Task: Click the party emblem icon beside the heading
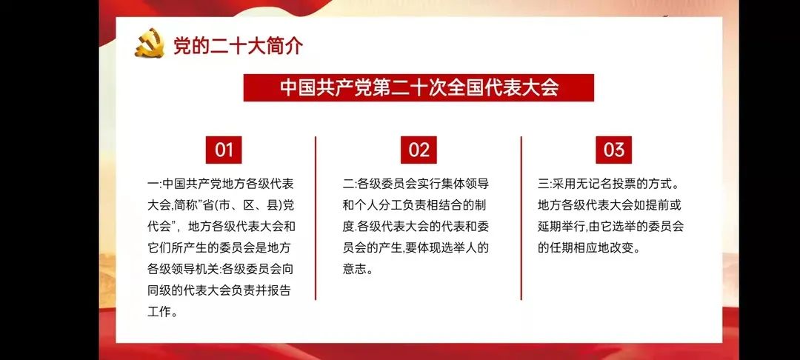tap(149, 43)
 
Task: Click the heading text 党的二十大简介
tap(238, 45)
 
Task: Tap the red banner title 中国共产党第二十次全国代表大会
tap(419, 87)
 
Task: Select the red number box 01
tap(224, 150)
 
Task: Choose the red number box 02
tap(419, 150)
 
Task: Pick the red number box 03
tap(614, 150)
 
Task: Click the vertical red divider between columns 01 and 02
tap(316, 218)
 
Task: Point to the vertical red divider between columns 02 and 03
tap(521, 218)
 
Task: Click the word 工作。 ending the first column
tap(163, 311)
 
